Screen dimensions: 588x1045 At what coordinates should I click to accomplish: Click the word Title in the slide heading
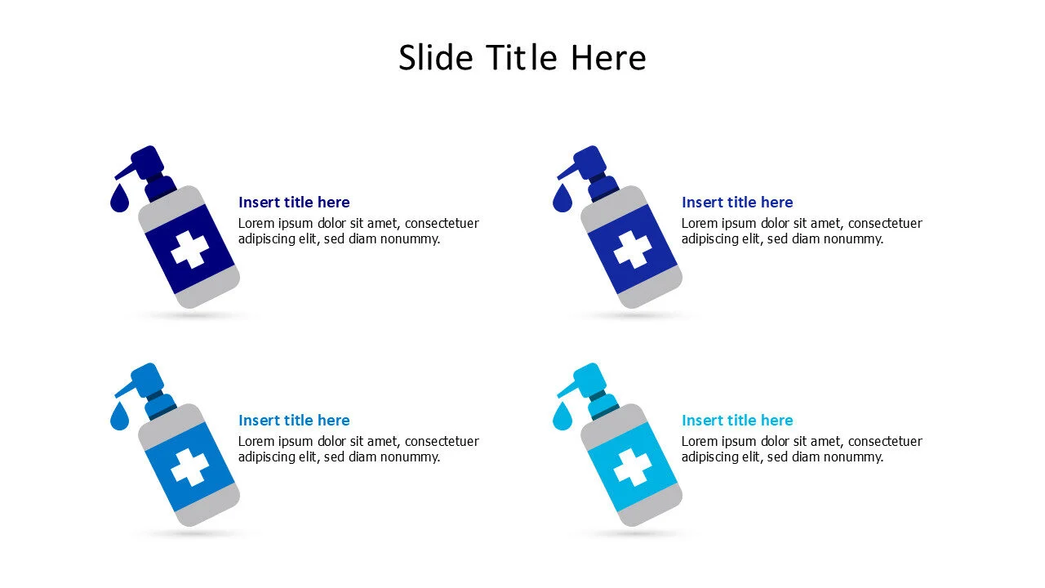click(523, 58)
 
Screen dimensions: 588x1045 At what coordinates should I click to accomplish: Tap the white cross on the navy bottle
click(189, 249)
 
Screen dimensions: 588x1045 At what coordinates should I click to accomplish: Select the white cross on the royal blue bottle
click(632, 249)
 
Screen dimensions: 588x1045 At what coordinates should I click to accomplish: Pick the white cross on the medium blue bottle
click(189, 467)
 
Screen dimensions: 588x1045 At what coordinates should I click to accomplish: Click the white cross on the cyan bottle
click(632, 467)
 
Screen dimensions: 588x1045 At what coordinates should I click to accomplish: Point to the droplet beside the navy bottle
click(119, 199)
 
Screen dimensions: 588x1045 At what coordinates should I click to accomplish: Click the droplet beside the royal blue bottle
click(562, 199)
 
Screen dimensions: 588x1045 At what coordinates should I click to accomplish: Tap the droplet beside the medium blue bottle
click(119, 417)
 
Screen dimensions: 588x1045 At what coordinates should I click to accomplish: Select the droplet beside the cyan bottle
click(562, 417)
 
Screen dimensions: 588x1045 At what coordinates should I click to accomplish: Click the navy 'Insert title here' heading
click(294, 203)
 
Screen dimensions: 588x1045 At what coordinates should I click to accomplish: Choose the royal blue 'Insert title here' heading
click(737, 203)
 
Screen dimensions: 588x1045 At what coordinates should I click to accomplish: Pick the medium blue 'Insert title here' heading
click(294, 421)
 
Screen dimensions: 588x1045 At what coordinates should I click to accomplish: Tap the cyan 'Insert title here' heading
click(737, 421)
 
